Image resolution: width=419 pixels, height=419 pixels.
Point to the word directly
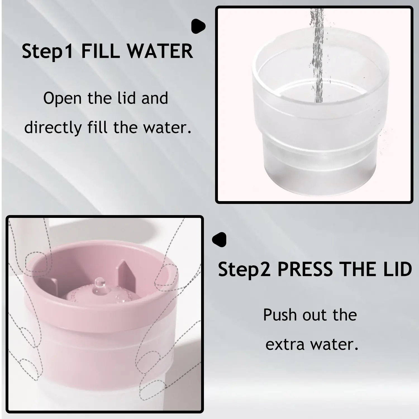tap(53, 128)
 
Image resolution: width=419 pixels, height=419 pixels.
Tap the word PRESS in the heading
tap(304, 269)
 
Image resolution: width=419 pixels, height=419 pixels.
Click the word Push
tap(280, 315)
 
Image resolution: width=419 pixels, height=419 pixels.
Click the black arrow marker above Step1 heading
tap(198, 26)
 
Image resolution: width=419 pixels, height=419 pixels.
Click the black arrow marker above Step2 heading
tap(219, 240)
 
